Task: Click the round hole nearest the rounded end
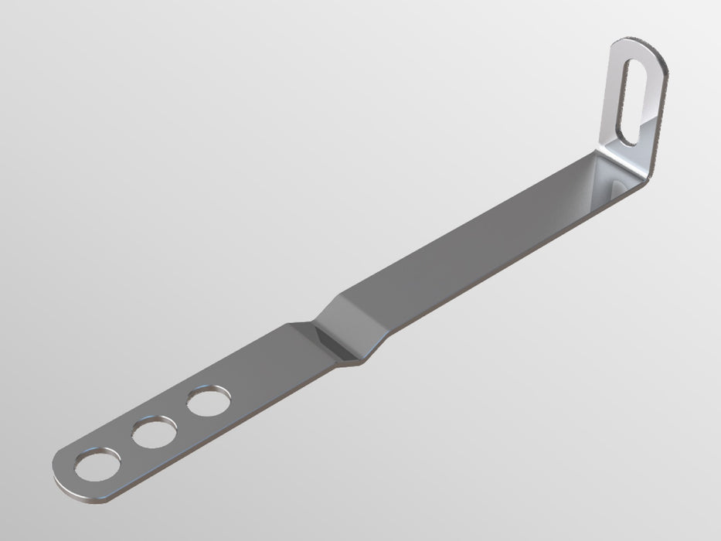97,466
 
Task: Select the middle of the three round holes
152,434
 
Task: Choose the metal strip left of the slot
614,93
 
